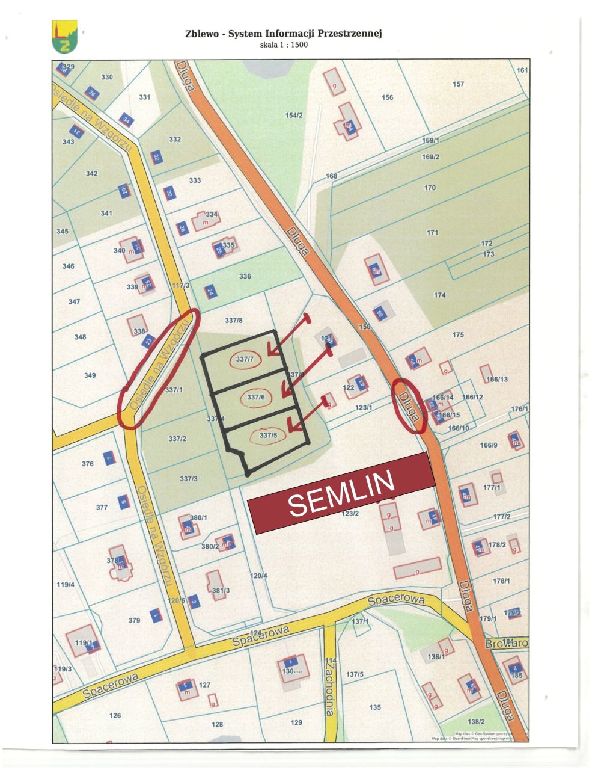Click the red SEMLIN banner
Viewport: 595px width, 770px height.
click(x=341, y=493)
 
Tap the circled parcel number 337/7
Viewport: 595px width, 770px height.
click(x=245, y=360)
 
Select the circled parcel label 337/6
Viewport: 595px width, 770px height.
click(x=256, y=397)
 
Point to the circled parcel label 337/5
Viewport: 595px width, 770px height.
click(x=268, y=436)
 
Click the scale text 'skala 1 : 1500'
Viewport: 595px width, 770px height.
click(x=284, y=45)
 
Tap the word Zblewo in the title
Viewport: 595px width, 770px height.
click(x=201, y=34)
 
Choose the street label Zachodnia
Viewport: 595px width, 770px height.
click(x=329, y=686)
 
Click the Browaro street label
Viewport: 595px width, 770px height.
click(x=507, y=643)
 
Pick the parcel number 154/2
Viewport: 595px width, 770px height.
click(x=294, y=115)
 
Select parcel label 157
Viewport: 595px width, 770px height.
click(x=458, y=84)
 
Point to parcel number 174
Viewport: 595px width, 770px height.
click(x=440, y=295)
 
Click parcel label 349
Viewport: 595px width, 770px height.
click(x=90, y=375)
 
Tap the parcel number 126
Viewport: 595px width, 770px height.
click(x=115, y=715)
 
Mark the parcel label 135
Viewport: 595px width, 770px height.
click(x=375, y=707)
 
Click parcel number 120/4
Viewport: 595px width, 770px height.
click(x=258, y=576)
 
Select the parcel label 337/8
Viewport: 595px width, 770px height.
click(x=234, y=321)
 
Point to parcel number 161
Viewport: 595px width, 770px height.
click(x=522, y=70)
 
